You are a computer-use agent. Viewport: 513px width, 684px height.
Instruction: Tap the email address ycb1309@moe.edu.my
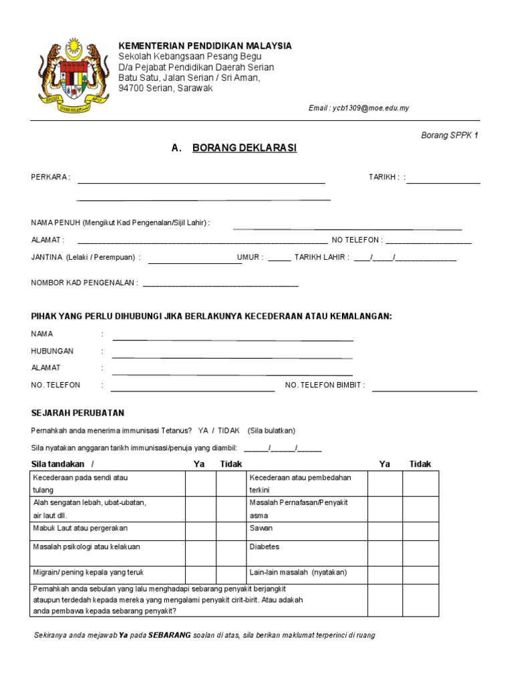(x=358, y=108)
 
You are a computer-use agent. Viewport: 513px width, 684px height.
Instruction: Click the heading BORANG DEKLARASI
(x=244, y=148)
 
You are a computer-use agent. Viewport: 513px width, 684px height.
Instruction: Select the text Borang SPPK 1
(x=449, y=135)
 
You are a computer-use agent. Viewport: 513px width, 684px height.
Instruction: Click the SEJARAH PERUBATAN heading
(x=77, y=413)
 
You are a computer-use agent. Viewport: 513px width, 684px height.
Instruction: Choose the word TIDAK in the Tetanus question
(x=229, y=431)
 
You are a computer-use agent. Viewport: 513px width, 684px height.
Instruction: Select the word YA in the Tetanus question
(x=204, y=431)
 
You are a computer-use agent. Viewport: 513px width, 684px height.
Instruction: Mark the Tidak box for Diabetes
(x=420, y=550)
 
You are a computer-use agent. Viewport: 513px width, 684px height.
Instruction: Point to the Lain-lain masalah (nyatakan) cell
(x=307, y=572)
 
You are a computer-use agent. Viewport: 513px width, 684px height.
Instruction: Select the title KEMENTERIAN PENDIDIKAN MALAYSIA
(x=205, y=45)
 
